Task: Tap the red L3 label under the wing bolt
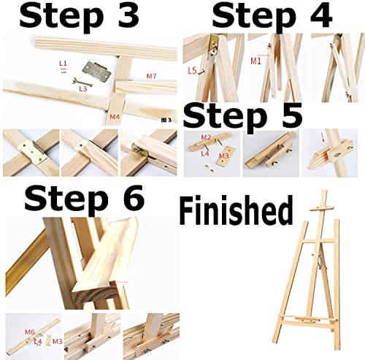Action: click(83, 88)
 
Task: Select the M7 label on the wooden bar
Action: click(151, 76)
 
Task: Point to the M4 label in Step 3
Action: click(115, 116)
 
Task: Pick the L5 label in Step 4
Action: click(192, 71)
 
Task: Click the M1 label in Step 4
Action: click(255, 61)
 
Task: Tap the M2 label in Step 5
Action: click(206, 137)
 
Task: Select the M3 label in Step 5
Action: click(224, 155)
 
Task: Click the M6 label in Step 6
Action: click(30, 332)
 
